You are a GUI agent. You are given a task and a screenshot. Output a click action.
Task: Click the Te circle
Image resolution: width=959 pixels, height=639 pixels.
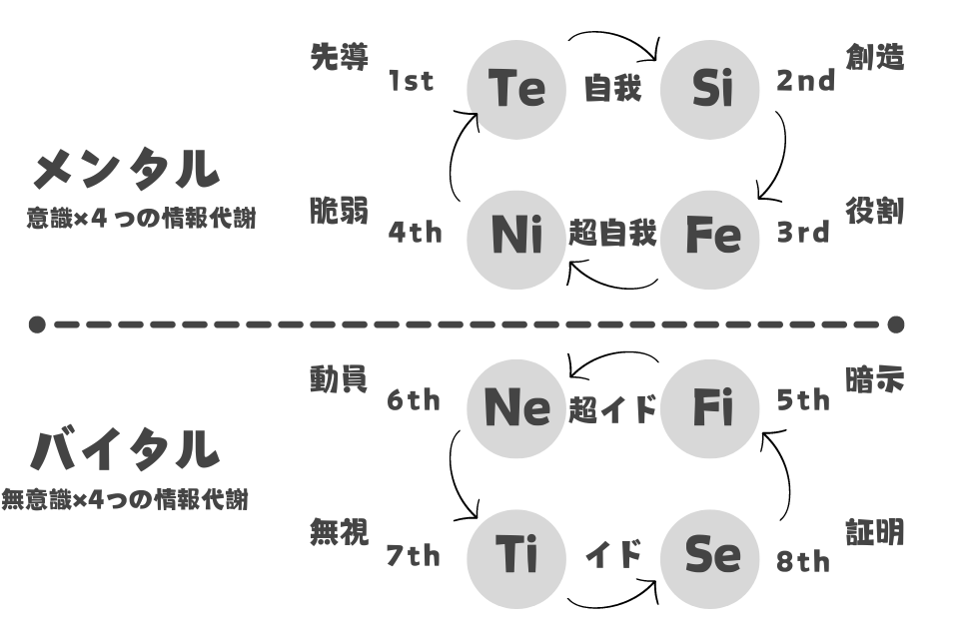(516, 90)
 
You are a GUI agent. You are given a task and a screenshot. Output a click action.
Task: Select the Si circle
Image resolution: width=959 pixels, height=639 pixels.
(710, 90)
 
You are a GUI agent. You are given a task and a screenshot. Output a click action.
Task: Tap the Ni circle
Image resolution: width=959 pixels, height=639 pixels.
(516, 240)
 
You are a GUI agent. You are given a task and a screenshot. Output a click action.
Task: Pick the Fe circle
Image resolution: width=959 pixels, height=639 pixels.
(710, 240)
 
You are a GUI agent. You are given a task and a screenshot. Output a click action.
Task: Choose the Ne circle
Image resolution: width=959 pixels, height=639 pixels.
(516, 408)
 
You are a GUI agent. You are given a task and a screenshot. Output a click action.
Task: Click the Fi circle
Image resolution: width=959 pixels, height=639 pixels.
(710, 408)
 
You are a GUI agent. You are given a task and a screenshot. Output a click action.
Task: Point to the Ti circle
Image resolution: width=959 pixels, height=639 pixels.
(516, 559)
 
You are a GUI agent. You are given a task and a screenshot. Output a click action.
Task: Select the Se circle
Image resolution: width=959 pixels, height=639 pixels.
(710, 559)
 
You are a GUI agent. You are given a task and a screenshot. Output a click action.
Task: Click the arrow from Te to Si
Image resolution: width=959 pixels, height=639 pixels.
(614, 34)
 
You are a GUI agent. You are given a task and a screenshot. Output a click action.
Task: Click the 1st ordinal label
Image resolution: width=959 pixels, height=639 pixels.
(411, 81)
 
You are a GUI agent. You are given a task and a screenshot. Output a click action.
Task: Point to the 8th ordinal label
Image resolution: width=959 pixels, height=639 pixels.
(803, 561)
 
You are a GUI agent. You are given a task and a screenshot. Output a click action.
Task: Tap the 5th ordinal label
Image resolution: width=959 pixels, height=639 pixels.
(803, 400)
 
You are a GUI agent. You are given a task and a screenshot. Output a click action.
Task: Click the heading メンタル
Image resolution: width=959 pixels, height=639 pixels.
(126, 169)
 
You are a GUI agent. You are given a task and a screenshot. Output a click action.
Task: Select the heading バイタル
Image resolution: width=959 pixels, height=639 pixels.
(125, 449)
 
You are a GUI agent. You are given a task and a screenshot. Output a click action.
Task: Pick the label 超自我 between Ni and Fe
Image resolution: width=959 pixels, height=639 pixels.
(612, 233)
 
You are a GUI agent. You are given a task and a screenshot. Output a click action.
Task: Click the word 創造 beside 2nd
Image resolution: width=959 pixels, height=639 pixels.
(875, 58)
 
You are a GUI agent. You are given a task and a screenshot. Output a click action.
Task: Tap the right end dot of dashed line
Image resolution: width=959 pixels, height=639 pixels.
(896, 324)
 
